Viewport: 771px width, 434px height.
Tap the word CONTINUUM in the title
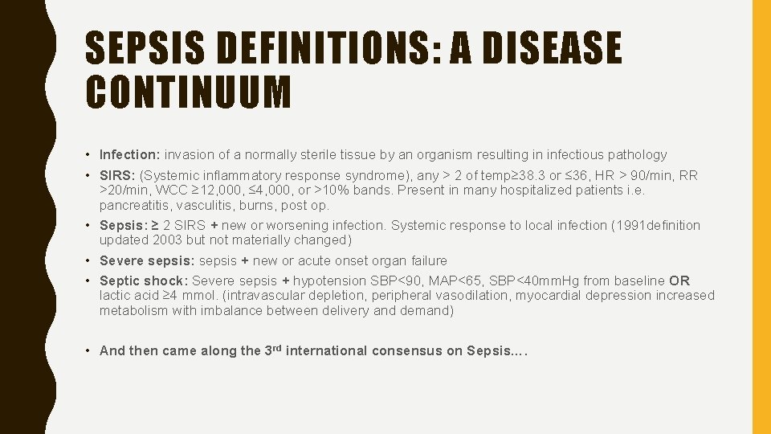188,92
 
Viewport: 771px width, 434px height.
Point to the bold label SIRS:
118,175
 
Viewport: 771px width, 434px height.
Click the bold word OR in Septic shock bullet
679,280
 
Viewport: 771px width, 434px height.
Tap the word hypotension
330,280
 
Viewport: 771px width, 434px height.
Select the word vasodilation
462,295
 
